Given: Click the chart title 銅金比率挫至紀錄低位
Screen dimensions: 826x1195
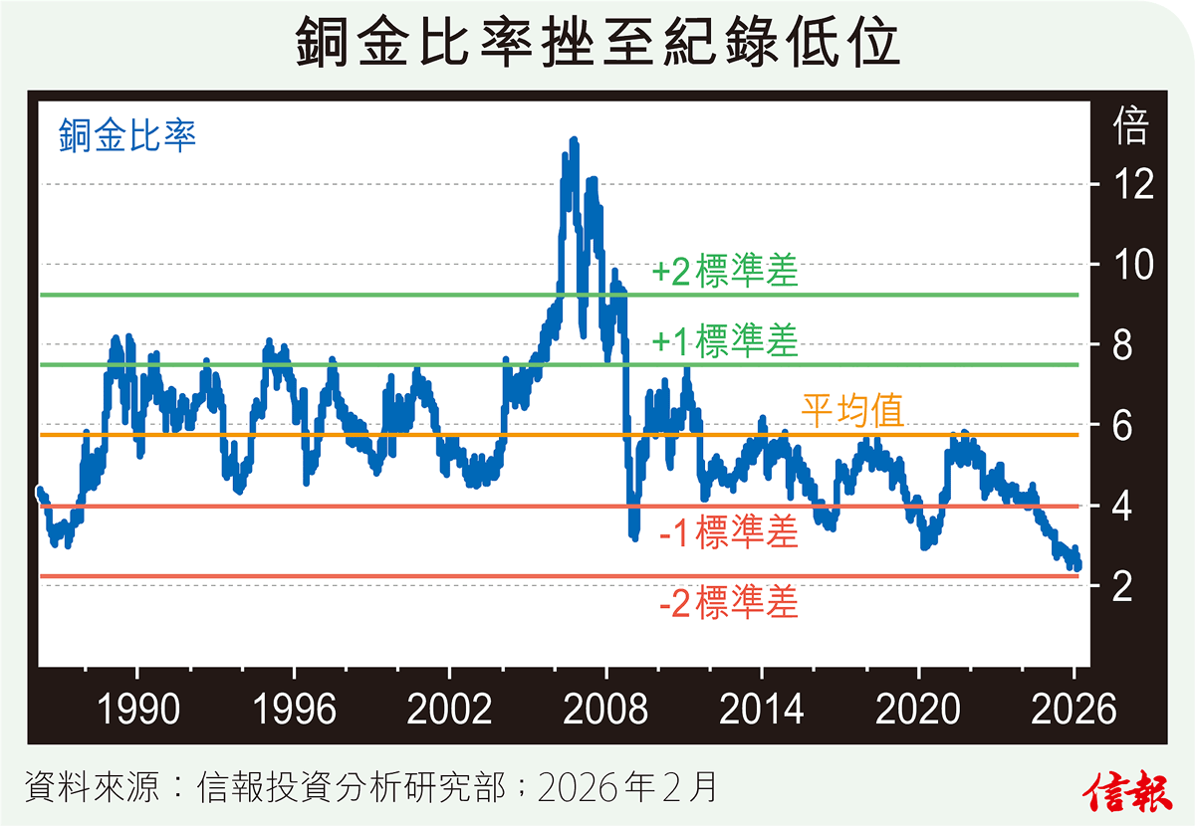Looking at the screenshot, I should point(597,45).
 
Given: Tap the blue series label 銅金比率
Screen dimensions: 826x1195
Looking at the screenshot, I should point(126,134).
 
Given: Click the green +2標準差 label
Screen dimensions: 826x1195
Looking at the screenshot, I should point(726,273).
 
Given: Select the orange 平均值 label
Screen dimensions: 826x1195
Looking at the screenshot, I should point(852,410).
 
